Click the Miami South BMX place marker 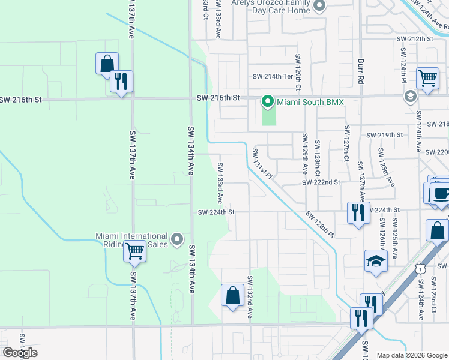click(x=268, y=102)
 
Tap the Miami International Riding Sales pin click(x=176, y=240)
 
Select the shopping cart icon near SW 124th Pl click(x=427, y=78)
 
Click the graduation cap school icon click(x=376, y=262)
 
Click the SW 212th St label click(x=414, y=38)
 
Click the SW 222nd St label click(x=321, y=182)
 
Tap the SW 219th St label click(x=384, y=135)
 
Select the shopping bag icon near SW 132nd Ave click(x=232, y=296)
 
